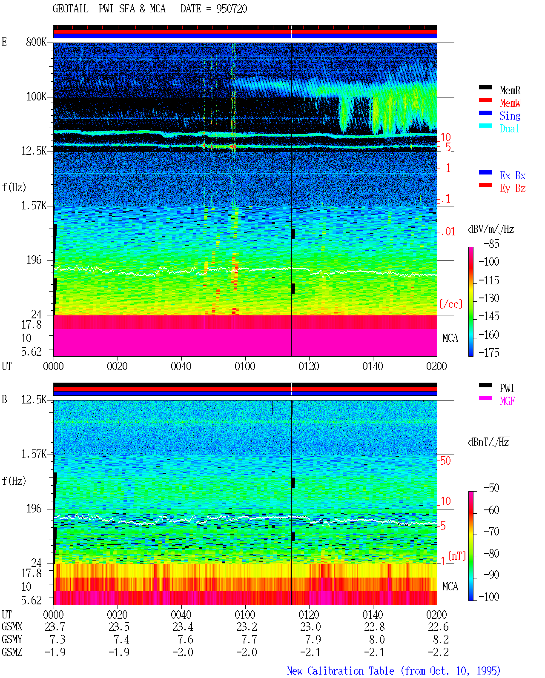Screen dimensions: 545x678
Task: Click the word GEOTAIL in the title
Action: click(x=71, y=9)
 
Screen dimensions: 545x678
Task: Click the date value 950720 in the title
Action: click(x=231, y=9)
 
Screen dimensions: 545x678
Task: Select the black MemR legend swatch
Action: click(x=485, y=87)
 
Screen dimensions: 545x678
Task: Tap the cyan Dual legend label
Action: click(x=509, y=129)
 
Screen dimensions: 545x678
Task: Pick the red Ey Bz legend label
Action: click(x=513, y=188)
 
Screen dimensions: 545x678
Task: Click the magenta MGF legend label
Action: click(x=507, y=401)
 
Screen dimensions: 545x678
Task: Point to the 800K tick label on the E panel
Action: click(x=36, y=42)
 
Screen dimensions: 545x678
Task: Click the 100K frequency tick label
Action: click(x=36, y=97)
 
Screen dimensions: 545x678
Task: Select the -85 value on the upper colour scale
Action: click(x=491, y=243)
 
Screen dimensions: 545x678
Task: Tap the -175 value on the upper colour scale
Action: click(x=489, y=352)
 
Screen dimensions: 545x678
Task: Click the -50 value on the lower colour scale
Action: click(x=491, y=488)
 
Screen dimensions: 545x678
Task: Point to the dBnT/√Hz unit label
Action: click(x=489, y=442)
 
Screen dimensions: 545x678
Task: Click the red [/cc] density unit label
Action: click(x=451, y=304)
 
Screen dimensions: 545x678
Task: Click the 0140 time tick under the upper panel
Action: click(x=373, y=366)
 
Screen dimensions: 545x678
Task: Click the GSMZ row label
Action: click(x=12, y=652)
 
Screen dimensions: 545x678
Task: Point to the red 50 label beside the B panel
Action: click(x=445, y=461)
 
